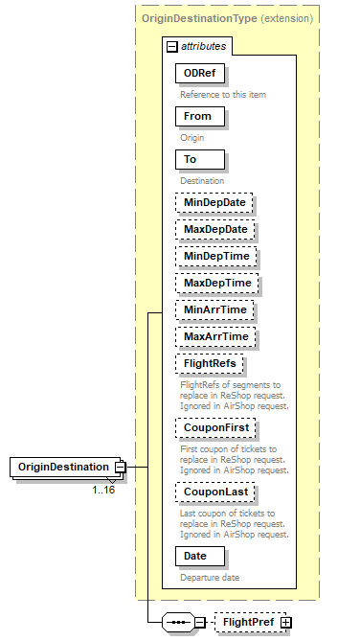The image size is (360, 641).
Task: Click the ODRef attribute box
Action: pyautogui.click(x=198, y=73)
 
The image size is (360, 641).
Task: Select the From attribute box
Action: pyautogui.click(x=198, y=116)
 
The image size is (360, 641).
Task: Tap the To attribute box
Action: pyautogui.click(x=198, y=159)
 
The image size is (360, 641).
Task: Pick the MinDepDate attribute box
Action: pyautogui.click(x=213, y=202)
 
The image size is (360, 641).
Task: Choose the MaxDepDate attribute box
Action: pyautogui.click(x=214, y=230)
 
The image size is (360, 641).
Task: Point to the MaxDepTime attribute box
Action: pyautogui.click(x=215, y=284)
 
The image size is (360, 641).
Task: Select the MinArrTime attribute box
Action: pyautogui.click(x=214, y=310)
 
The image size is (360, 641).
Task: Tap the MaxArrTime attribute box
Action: pyautogui.click(x=215, y=337)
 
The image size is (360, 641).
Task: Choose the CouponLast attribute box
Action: pyautogui.click(x=214, y=492)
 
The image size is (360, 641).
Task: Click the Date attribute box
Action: pyautogui.click(x=198, y=556)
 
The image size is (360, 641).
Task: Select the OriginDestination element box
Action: pyautogui.click(x=62, y=467)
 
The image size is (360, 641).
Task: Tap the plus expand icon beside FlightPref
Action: pyautogui.click(x=285, y=622)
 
